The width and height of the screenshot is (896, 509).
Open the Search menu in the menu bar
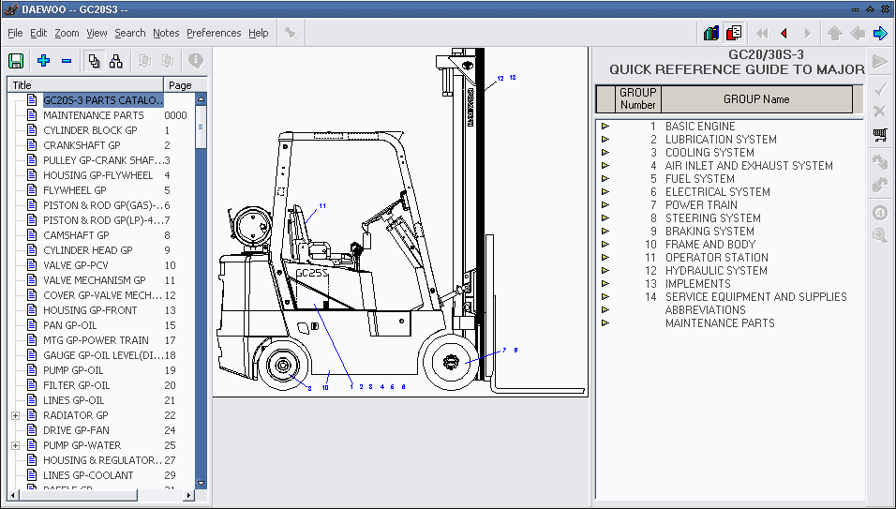[130, 33]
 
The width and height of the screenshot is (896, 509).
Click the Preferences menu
[214, 33]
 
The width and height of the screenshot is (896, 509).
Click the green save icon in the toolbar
[16, 61]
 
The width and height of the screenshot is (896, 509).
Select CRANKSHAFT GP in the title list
[82, 145]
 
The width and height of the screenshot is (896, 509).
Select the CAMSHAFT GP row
[76, 235]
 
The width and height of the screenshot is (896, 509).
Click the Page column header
[180, 85]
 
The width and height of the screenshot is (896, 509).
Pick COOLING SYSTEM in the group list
[709, 153]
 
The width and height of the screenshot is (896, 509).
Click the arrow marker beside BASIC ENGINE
[605, 127]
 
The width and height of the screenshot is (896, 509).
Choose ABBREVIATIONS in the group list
[705, 310]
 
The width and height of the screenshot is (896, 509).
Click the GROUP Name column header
[755, 99]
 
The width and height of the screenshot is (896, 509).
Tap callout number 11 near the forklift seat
[322, 205]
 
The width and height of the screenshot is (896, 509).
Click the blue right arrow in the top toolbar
[879, 34]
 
